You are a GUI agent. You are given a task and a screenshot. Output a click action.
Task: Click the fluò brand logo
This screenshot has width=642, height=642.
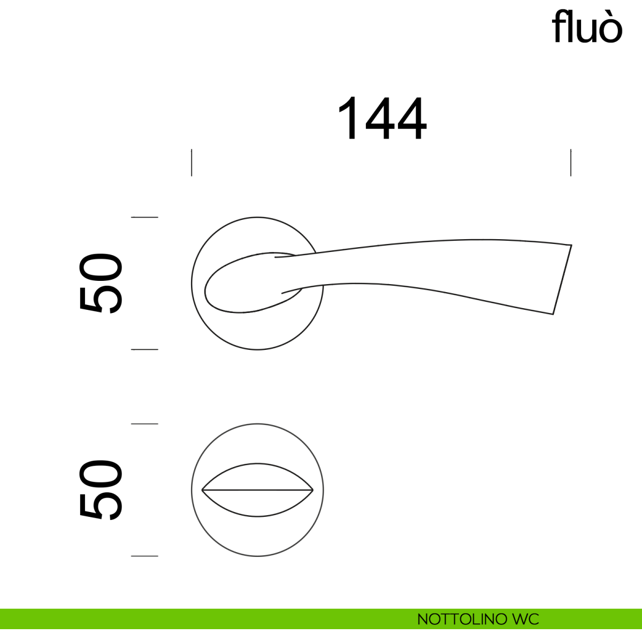[587, 26]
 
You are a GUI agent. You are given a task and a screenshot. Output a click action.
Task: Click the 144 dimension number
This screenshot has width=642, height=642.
[382, 118]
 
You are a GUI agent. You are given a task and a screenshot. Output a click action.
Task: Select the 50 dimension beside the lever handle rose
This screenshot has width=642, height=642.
[101, 283]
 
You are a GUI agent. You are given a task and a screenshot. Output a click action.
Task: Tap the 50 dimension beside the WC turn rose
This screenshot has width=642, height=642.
[101, 490]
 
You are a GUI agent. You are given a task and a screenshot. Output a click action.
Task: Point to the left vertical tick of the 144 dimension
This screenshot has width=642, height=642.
[192, 163]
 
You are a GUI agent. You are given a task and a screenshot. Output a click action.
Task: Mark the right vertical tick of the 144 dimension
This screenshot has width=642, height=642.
[571, 163]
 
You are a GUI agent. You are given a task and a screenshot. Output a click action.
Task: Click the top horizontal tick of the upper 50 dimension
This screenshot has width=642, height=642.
[144, 217]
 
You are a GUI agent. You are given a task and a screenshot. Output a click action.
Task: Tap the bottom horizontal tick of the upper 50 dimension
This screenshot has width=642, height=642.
[144, 349]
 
